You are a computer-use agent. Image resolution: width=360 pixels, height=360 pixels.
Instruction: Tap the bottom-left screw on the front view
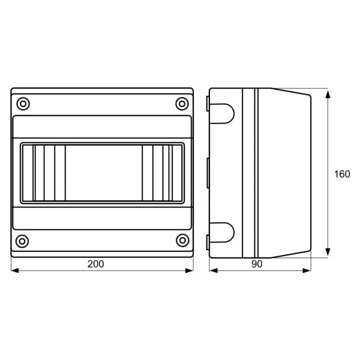pyautogui.click(x=23, y=241)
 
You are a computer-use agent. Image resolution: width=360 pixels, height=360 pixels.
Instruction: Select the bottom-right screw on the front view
pyautogui.click(x=182, y=241)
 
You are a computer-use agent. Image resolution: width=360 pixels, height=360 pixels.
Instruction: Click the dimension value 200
pyautogui.click(x=96, y=264)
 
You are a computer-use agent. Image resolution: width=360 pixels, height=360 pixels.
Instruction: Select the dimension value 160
pyautogui.click(x=342, y=175)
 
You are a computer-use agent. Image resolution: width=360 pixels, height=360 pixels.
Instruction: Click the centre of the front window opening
pyautogui.click(x=103, y=172)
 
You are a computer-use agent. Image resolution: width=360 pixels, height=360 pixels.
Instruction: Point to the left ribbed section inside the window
pyautogui.click(x=44, y=172)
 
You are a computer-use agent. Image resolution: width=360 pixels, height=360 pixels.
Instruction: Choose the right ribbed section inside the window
pyautogui.click(x=160, y=172)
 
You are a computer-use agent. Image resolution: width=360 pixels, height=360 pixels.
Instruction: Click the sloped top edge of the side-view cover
pyautogui.click(x=291, y=92)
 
